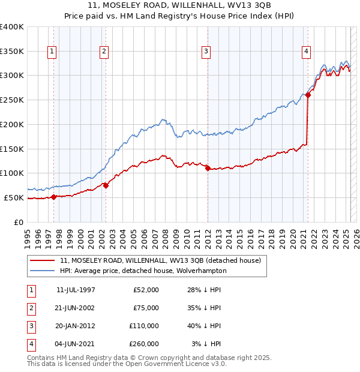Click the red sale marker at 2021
(x=308, y=95)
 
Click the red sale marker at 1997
(x=53, y=196)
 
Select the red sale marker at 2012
(x=208, y=169)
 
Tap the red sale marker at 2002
(x=106, y=185)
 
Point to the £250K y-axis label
(x=12, y=100)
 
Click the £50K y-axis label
(x=14, y=197)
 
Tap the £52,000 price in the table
(x=146, y=289)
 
